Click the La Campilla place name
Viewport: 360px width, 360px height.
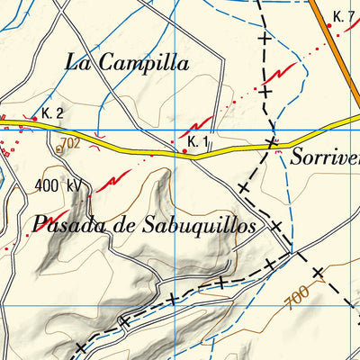tap(128, 63)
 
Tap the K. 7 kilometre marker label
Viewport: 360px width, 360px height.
tap(343, 16)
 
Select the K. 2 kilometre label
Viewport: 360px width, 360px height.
tap(52, 114)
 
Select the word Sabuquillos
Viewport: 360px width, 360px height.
tap(199, 225)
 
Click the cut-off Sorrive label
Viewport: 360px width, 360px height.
tap(326, 157)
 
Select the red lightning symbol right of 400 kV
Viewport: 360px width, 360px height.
tap(108, 183)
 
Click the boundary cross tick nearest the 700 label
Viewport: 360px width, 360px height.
tap(318, 271)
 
